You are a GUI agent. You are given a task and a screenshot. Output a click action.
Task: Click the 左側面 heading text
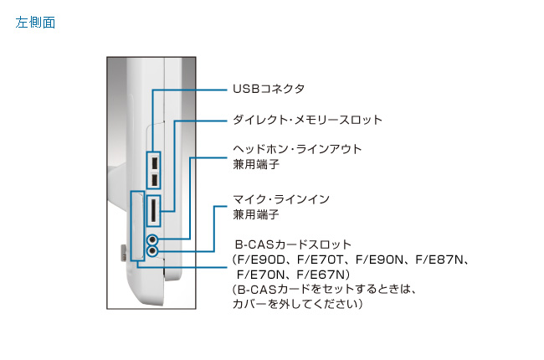pyautogui.click(x=35, y=23)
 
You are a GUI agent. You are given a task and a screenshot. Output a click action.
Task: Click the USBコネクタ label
pyautogui.click(x=268, y=89)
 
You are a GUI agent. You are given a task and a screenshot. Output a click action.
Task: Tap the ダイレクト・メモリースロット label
pyautogui.click(x=306, y=120)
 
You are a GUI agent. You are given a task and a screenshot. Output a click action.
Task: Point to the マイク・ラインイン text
pyautogui.click(x=280, y=199)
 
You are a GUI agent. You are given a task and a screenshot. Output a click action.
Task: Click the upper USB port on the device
pyautogui.click(x=155, y=161)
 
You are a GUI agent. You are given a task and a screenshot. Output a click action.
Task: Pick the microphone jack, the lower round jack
pyautogui.click(x=152, y=250)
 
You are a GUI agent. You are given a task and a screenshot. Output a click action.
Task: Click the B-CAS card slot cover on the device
pyautogui.click(x=136, y=226)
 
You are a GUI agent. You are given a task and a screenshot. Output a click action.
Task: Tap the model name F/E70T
pyautogui.click(x=321, y=260)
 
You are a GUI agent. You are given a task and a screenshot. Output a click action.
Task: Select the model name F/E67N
pyautogui.click(x=322, y=274)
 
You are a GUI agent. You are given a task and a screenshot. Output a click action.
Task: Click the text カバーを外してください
pyautogui.click(x=296, y=304)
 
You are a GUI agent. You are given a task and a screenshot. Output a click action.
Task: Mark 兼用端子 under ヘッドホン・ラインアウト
pyautogui.click(x=250, y=164)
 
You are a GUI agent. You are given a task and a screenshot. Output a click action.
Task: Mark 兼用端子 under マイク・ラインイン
pyautogui.click(x=250, y=214)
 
